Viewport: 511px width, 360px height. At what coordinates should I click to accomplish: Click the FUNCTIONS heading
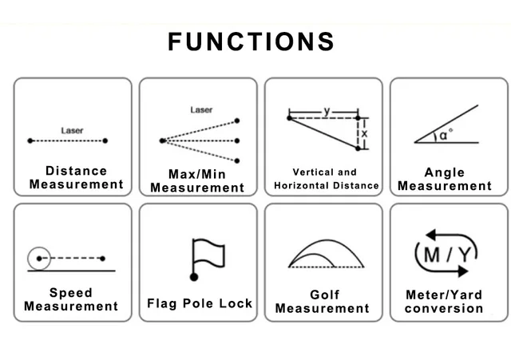(x=251, y=42)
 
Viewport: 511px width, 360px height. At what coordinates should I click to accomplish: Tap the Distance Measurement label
(x=76, y=177)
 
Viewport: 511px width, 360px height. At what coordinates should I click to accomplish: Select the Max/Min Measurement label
(x=197, y=180)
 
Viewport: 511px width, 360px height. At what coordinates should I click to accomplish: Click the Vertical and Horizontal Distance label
(x=326, y=179)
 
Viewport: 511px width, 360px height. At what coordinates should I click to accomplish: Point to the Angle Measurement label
(x=445, y=179)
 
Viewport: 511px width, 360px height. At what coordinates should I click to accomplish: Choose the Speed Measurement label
(x=71, y=299)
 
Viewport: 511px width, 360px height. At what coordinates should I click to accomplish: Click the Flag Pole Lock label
(x=200, y=303)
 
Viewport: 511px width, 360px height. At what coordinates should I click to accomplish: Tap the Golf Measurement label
(x=323, y=301)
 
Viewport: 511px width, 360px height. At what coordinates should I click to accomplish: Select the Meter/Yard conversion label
(x=444, y=301)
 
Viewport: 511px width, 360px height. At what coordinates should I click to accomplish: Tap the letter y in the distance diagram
(x=327, y=109)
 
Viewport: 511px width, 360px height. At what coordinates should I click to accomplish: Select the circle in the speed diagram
(x=38, y=258)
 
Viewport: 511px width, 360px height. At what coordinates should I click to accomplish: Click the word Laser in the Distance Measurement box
(x=72, y=129)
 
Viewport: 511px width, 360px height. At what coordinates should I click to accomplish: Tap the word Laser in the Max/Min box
(x=201, y=109)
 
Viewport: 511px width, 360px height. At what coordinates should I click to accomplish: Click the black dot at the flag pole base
(x=193, y=277)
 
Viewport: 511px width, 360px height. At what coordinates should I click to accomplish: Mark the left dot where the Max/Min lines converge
(x=163, y=140)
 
